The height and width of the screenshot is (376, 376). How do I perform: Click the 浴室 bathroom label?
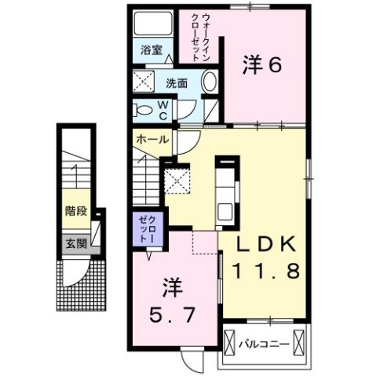[151, 49]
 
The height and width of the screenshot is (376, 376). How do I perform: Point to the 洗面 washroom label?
[177, 82]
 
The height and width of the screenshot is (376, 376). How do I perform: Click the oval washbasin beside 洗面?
[210, 82]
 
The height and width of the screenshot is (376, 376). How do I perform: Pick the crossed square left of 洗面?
[144, 81]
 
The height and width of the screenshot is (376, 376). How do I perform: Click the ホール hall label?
[151, 139]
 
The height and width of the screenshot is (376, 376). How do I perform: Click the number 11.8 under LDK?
[264, 273]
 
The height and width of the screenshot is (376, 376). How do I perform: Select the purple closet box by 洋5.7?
[146, 227]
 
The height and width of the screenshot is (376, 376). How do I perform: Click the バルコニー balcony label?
[270, 344]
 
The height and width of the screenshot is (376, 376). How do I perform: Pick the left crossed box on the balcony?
[230, 344]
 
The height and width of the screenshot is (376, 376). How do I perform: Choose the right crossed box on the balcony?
[305, 344]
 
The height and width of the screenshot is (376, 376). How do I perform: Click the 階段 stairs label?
[75, 211]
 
